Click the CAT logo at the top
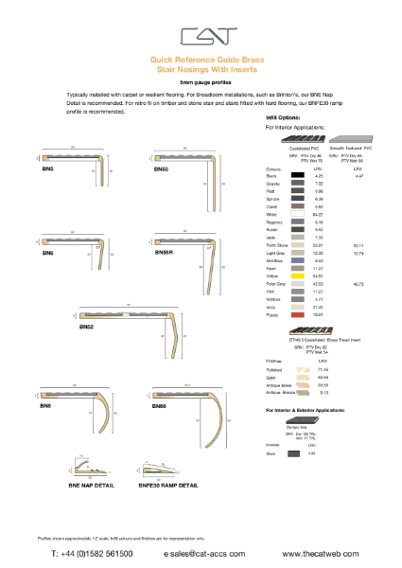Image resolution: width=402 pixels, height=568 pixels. [201, 36]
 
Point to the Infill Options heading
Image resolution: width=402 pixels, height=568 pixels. [285, 117]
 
